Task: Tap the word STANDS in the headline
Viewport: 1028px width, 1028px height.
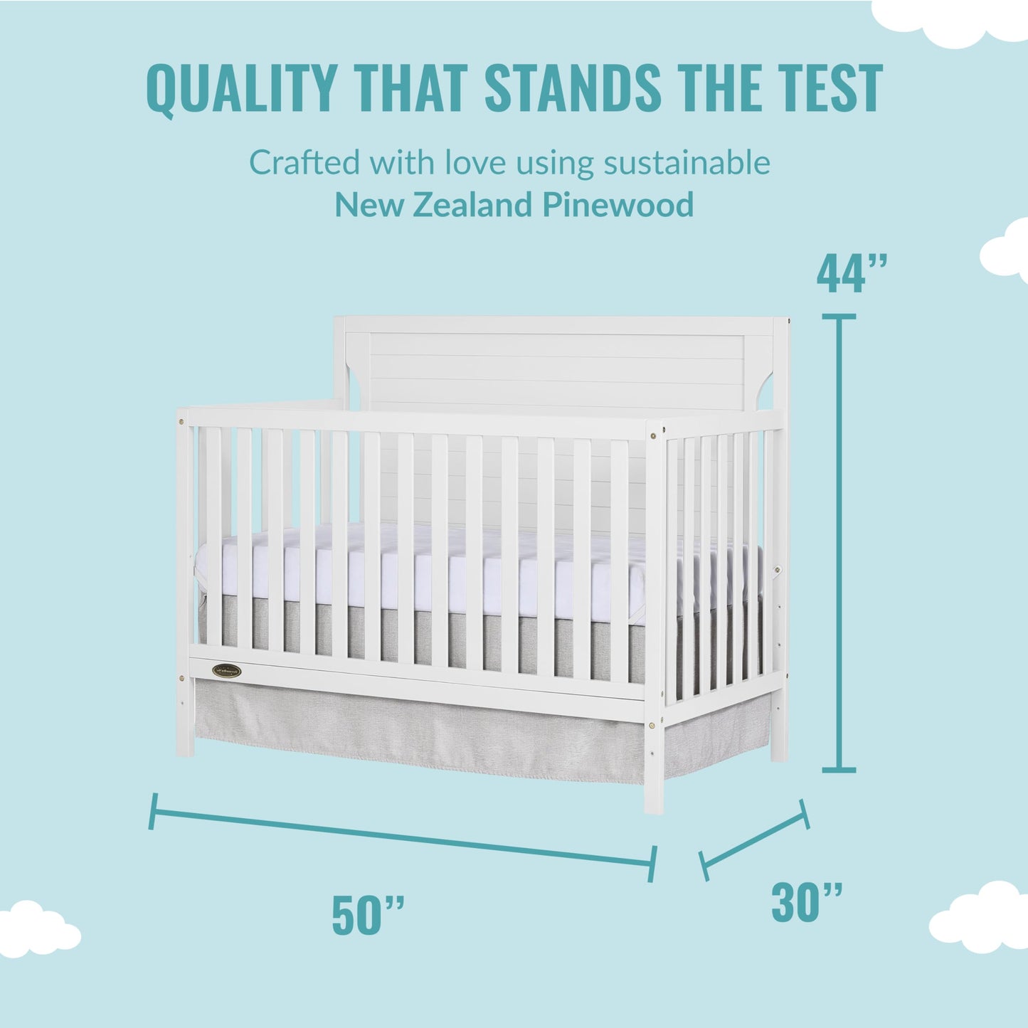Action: point(573,88)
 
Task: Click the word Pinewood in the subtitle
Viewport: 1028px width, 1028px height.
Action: point(618,205)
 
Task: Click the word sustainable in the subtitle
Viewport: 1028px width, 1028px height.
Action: point(687,162)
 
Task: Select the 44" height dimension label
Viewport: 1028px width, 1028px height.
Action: point(851,273)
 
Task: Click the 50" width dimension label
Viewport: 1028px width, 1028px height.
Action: point(368,916)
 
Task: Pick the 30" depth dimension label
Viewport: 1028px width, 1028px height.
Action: point(807,902)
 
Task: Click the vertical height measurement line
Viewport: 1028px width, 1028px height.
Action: point(839,541)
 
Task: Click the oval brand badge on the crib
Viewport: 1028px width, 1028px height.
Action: point(226,670)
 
